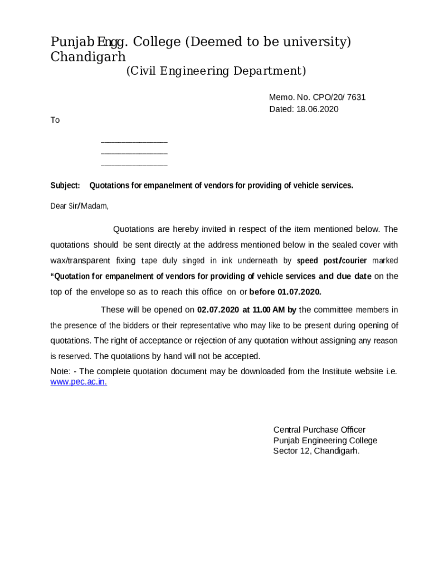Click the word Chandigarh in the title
pyautogui.click(x=88, y=57)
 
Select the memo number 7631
pyautogui.click(x=355, y=97)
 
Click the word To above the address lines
pyautogui.click(x=55, y=120)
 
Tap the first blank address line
pyautogui.click(x=134, y=142)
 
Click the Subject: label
pyautogui.click(x=65, y=186)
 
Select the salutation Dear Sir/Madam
pyautogui.click(x=80, y=206)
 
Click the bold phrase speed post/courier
pyautogui.click(x=331, y=260)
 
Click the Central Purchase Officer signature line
pyautogui.click(x=319, y=430)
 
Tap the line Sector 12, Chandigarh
pyautogui.click(x=316, y=451)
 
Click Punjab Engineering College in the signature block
pyautogui.click(x=325, y=441)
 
